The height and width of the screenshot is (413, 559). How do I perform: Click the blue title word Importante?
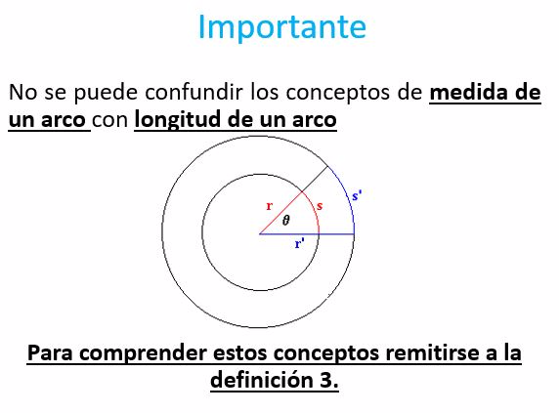[x=282, y=27]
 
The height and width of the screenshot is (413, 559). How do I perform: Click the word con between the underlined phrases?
[x=109, y=120]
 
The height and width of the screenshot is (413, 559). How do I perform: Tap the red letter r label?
[x=270, y=206]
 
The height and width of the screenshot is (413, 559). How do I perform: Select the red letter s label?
[x=320, y=206]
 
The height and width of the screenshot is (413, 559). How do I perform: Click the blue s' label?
[x=357, y=195]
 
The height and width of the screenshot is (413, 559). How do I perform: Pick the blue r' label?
[x=299, y=244]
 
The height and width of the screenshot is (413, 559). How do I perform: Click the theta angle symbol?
[x=286, y=221]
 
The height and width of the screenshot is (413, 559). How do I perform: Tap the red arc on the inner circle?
[x=314, y=210]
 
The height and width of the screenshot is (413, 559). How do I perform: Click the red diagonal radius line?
[x=280, y=213]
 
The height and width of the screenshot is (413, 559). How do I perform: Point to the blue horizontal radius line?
[x=307, y=234]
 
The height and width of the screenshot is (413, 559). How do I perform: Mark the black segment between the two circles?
[x=315, y=179]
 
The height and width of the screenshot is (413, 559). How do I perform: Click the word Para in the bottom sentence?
[x=51, y=353]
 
